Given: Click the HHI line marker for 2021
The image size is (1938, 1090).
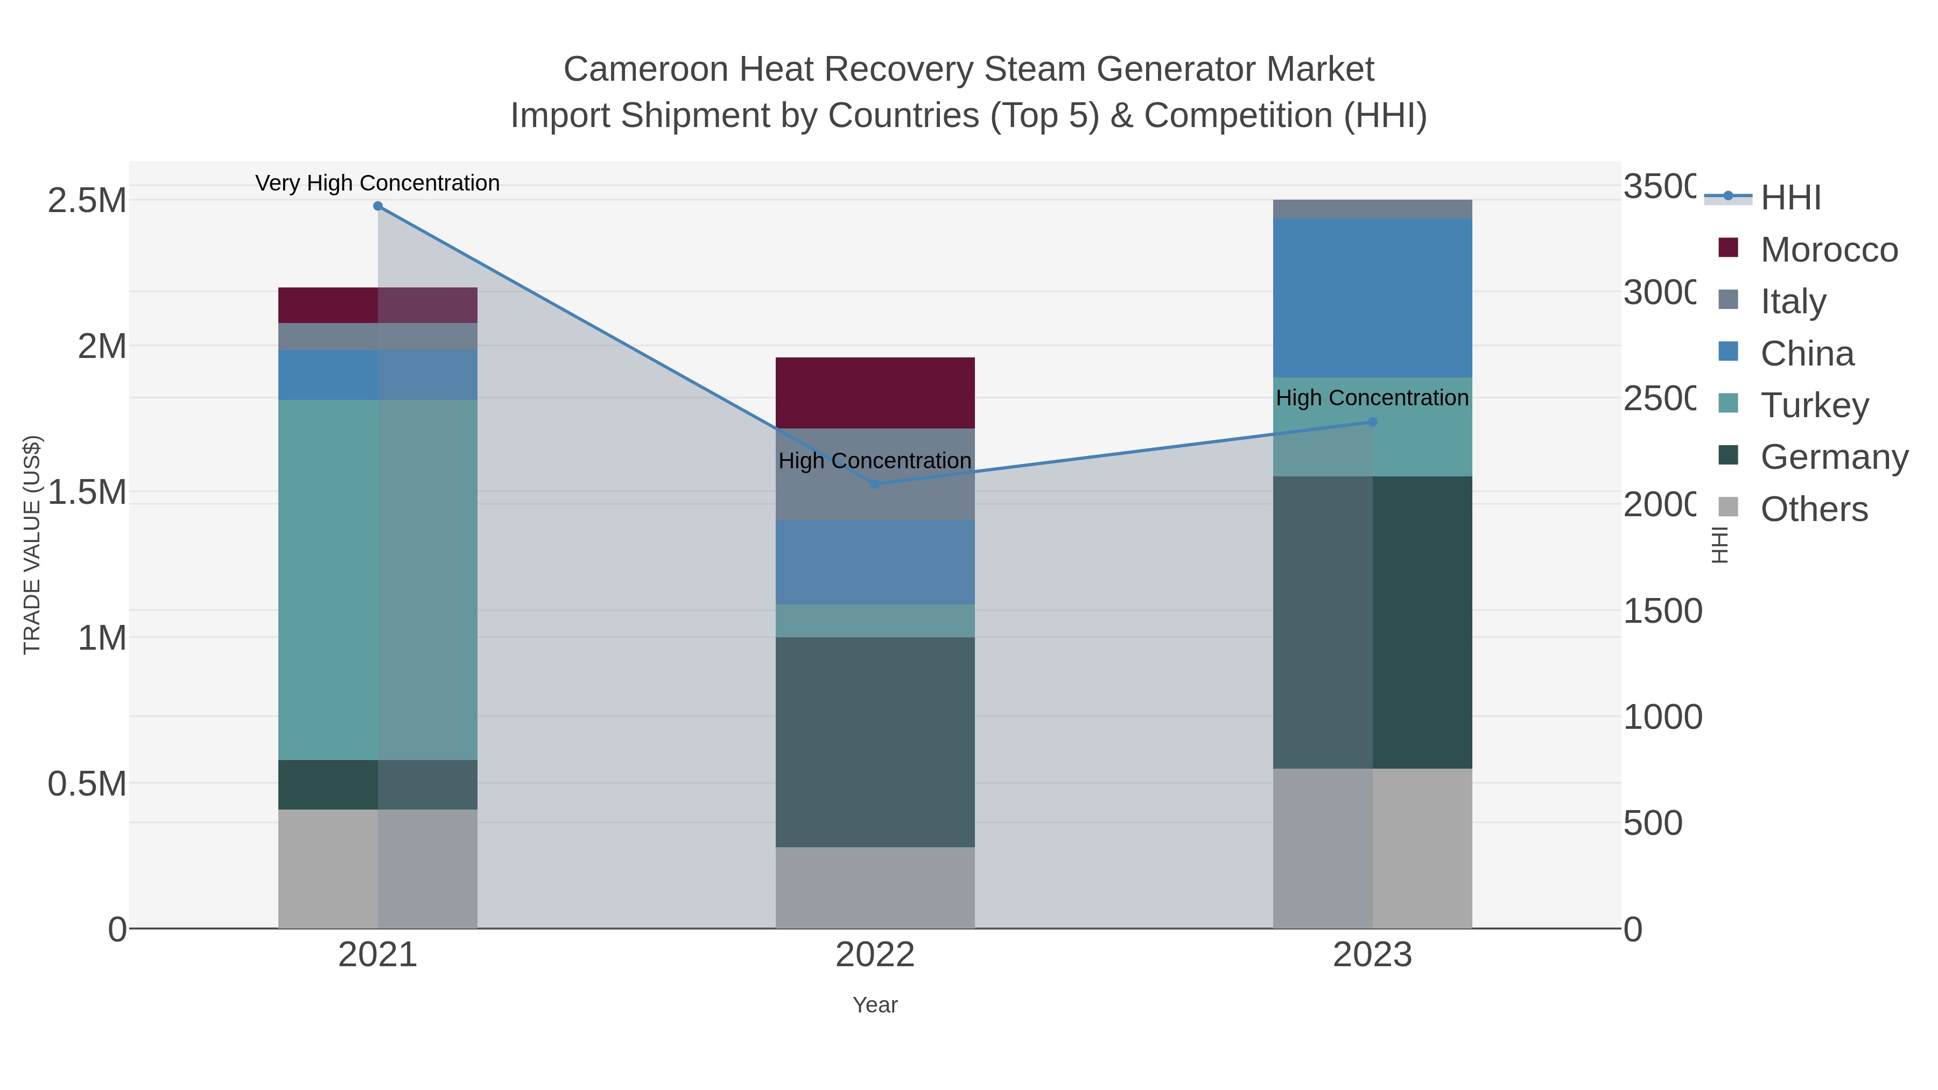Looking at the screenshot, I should (378, 206).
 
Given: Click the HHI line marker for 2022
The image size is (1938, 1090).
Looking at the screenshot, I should (875, 484).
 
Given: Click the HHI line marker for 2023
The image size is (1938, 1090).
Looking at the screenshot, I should (1372, 422).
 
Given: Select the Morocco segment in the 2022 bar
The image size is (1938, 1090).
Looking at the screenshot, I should (875, 393).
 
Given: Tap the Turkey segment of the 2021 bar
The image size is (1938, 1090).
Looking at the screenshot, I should (378, 579).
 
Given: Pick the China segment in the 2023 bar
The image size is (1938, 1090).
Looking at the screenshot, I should (1372, 298).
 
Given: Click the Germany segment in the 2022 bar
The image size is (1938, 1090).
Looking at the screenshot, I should (875, 742).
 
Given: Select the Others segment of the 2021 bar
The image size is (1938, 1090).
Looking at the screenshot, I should (378, 869).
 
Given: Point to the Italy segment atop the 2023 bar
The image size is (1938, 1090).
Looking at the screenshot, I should (1372, 209).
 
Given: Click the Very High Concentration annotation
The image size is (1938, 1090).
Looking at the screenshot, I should (378, 183).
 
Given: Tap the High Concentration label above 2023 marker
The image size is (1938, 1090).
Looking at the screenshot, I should (1372, 398).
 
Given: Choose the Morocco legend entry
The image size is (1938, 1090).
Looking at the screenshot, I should (1828, 250).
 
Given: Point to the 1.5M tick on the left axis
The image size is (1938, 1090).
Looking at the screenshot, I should (87, 492).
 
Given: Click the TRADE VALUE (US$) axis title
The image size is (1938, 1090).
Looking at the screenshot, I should (32, 545).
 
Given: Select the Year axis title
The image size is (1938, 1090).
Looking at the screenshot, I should (875, 1005).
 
